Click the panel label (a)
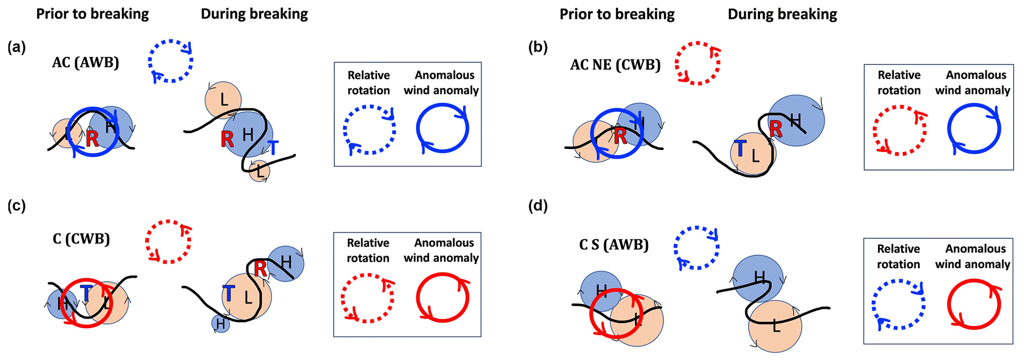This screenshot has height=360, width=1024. (x=16, y=48)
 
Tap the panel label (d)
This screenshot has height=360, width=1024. (x=538, y=206)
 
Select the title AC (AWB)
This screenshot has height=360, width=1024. (x=86, y=63)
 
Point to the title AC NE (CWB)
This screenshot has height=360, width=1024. (x=615, y=65)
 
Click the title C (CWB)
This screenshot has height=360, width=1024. (x=81, y=239)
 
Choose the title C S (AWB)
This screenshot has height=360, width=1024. (x=614, y=245)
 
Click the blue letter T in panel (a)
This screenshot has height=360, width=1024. (x=273, y=148)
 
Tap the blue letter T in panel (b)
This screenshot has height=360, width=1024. (x=740, y=148)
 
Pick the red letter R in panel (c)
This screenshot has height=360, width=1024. (x=261, y=269)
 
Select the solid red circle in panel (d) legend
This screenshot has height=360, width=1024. (x=974, y=304)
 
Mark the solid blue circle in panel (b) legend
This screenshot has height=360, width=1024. (x=974, y=129)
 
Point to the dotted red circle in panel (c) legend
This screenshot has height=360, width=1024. (x=367, y=298)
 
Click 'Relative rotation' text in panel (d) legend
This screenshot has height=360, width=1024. (x=899, y=257)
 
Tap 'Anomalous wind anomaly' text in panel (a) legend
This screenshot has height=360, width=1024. (x=441, y=83)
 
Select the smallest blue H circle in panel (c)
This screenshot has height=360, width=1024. (x=220, y=324)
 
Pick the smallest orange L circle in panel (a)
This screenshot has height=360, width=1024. (x=260, y=171)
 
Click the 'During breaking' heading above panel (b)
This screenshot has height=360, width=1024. (x=782, y=14)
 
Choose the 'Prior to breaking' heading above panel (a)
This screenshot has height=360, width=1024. (x=93, y=14)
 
